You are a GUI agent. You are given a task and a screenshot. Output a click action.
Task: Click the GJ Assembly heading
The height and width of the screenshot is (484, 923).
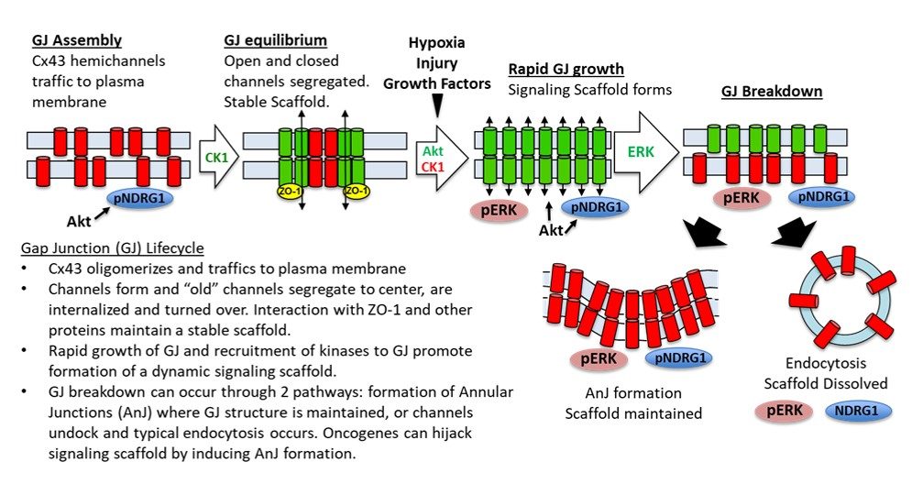click(x=77, y=41)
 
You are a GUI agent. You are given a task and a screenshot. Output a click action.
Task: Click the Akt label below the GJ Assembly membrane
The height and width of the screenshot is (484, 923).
click(x=79, y=220)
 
